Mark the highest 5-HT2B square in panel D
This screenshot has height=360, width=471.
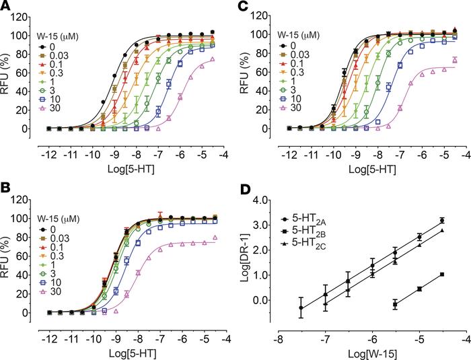pos(441,275)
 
